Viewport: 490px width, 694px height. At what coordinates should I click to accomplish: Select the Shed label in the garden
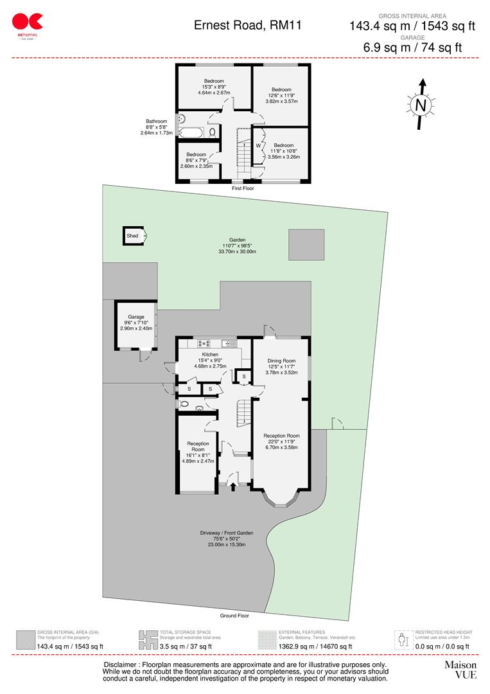(x=132, y=236)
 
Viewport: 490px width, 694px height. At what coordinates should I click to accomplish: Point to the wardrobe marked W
(x=258, y=145)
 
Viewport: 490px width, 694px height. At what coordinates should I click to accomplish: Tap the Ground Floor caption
(x=235, y=615)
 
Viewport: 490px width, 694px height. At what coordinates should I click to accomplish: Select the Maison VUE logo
(x=460, y=669)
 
